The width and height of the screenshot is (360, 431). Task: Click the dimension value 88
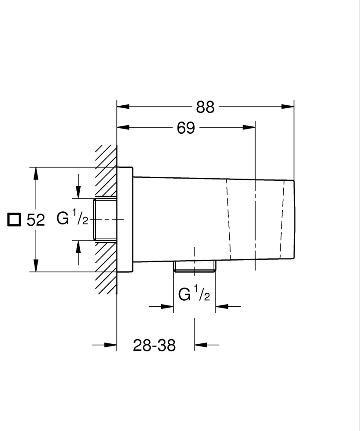205,107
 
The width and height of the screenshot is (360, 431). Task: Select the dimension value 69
186,128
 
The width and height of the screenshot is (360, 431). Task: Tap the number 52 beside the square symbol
36,220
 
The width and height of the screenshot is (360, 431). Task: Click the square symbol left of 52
14,219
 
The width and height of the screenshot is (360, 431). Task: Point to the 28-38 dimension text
154,345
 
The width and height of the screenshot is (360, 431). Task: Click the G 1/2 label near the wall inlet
73,219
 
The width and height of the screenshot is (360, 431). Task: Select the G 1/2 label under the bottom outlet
194,295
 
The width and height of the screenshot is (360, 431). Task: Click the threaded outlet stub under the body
195,267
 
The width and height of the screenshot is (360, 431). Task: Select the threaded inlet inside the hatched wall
105,220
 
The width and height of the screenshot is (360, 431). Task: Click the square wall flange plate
125,220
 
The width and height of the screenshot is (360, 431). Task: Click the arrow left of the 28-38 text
111,345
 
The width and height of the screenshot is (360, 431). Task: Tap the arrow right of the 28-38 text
202,345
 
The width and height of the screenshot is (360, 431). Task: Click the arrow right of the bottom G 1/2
222,306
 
